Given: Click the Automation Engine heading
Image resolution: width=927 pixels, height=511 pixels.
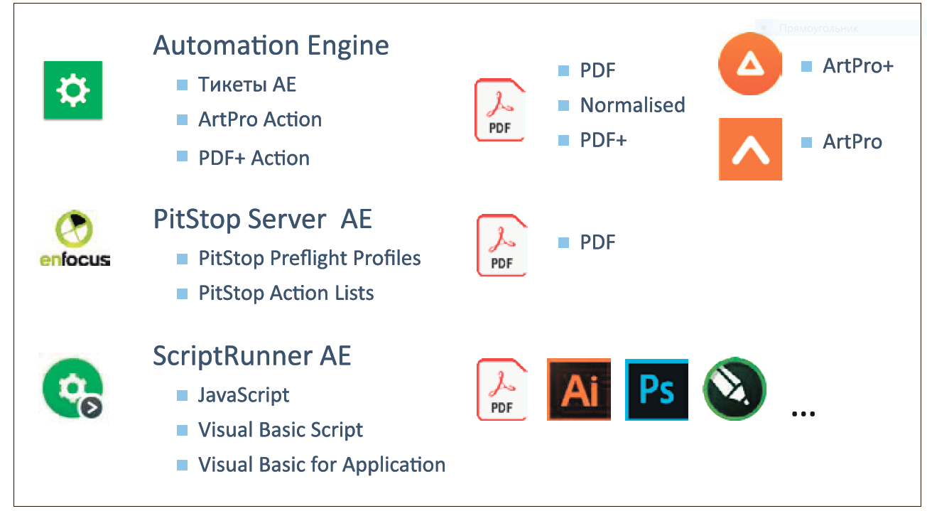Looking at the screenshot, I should tap(271, 46).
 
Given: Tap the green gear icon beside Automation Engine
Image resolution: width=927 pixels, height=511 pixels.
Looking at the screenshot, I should tap(72, 90).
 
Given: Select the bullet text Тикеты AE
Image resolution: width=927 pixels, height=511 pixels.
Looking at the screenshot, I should tap(246, 85).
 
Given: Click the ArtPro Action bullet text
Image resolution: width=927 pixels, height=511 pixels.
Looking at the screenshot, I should tap(259, 119).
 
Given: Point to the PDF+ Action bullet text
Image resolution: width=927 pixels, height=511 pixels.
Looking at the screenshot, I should tap(254, 158).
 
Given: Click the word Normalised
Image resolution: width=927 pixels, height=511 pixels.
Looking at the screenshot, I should tap(632, 105).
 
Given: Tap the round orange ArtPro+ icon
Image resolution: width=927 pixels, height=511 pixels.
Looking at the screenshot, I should tap(749, 64).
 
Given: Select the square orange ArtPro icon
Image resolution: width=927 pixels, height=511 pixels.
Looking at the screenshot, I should tap(750, 149).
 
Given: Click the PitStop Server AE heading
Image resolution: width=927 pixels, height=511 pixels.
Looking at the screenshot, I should tap(262, 219).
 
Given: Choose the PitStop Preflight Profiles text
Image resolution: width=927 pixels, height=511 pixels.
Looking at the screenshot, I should tap(309, 258).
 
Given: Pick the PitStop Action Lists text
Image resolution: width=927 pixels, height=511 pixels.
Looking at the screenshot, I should tap(286, 293).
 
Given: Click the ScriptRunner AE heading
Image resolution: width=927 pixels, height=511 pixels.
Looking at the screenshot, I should tap(251, 355).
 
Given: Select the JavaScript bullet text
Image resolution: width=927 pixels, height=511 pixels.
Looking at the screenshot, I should tap(244, 395).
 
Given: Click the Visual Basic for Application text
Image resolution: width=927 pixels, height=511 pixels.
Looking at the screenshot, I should tap(321, 465).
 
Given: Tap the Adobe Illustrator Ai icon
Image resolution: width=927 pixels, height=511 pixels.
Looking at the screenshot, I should tap(578, 389).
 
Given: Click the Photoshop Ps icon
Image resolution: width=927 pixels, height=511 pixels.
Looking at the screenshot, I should tap(656, 389).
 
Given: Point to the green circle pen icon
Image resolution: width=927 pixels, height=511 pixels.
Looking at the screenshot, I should tap(734, 389).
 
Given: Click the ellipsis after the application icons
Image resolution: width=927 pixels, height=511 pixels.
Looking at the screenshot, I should tap(803, 412).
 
